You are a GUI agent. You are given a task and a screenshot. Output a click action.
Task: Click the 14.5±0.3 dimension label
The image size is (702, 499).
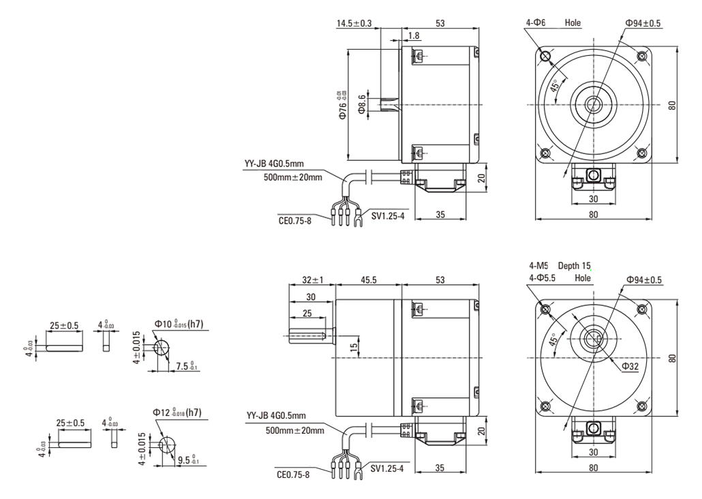354,23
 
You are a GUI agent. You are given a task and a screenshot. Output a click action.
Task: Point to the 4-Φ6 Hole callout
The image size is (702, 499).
553,22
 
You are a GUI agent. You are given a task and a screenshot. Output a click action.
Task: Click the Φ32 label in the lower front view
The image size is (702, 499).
630,366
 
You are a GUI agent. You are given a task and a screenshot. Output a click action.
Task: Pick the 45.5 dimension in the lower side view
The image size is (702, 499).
368,279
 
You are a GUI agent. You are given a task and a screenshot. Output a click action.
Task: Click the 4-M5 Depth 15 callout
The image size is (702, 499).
560,266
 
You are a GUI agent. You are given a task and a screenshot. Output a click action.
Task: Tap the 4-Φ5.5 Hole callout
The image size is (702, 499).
560,277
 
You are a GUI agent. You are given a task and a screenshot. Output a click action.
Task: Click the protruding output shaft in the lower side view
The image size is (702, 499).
311,335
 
